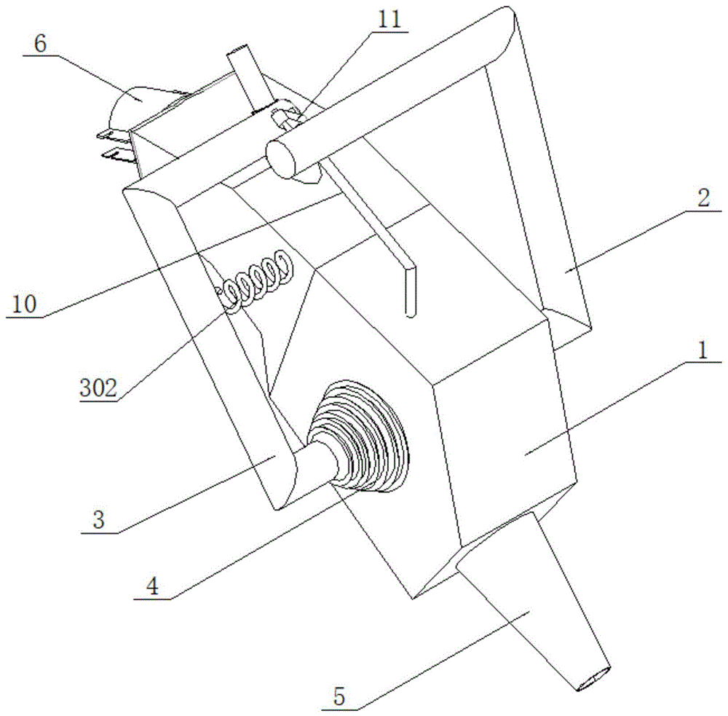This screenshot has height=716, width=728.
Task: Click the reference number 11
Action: [389, 20]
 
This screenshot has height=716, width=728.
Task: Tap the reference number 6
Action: [40, 44]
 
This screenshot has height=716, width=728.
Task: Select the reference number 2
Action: [704, 198]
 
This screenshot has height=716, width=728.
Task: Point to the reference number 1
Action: [703, 350]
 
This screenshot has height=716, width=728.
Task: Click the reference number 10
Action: [24, 304]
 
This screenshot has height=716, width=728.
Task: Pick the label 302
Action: [98, 388]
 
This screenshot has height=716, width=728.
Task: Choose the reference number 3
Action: [98, 520]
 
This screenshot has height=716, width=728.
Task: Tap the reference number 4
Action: [152, 586]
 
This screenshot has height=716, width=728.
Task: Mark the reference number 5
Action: [339, 697]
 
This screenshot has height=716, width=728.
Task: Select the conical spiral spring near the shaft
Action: [360, 436]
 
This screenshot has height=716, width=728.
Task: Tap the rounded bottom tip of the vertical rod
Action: [411, 314]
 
